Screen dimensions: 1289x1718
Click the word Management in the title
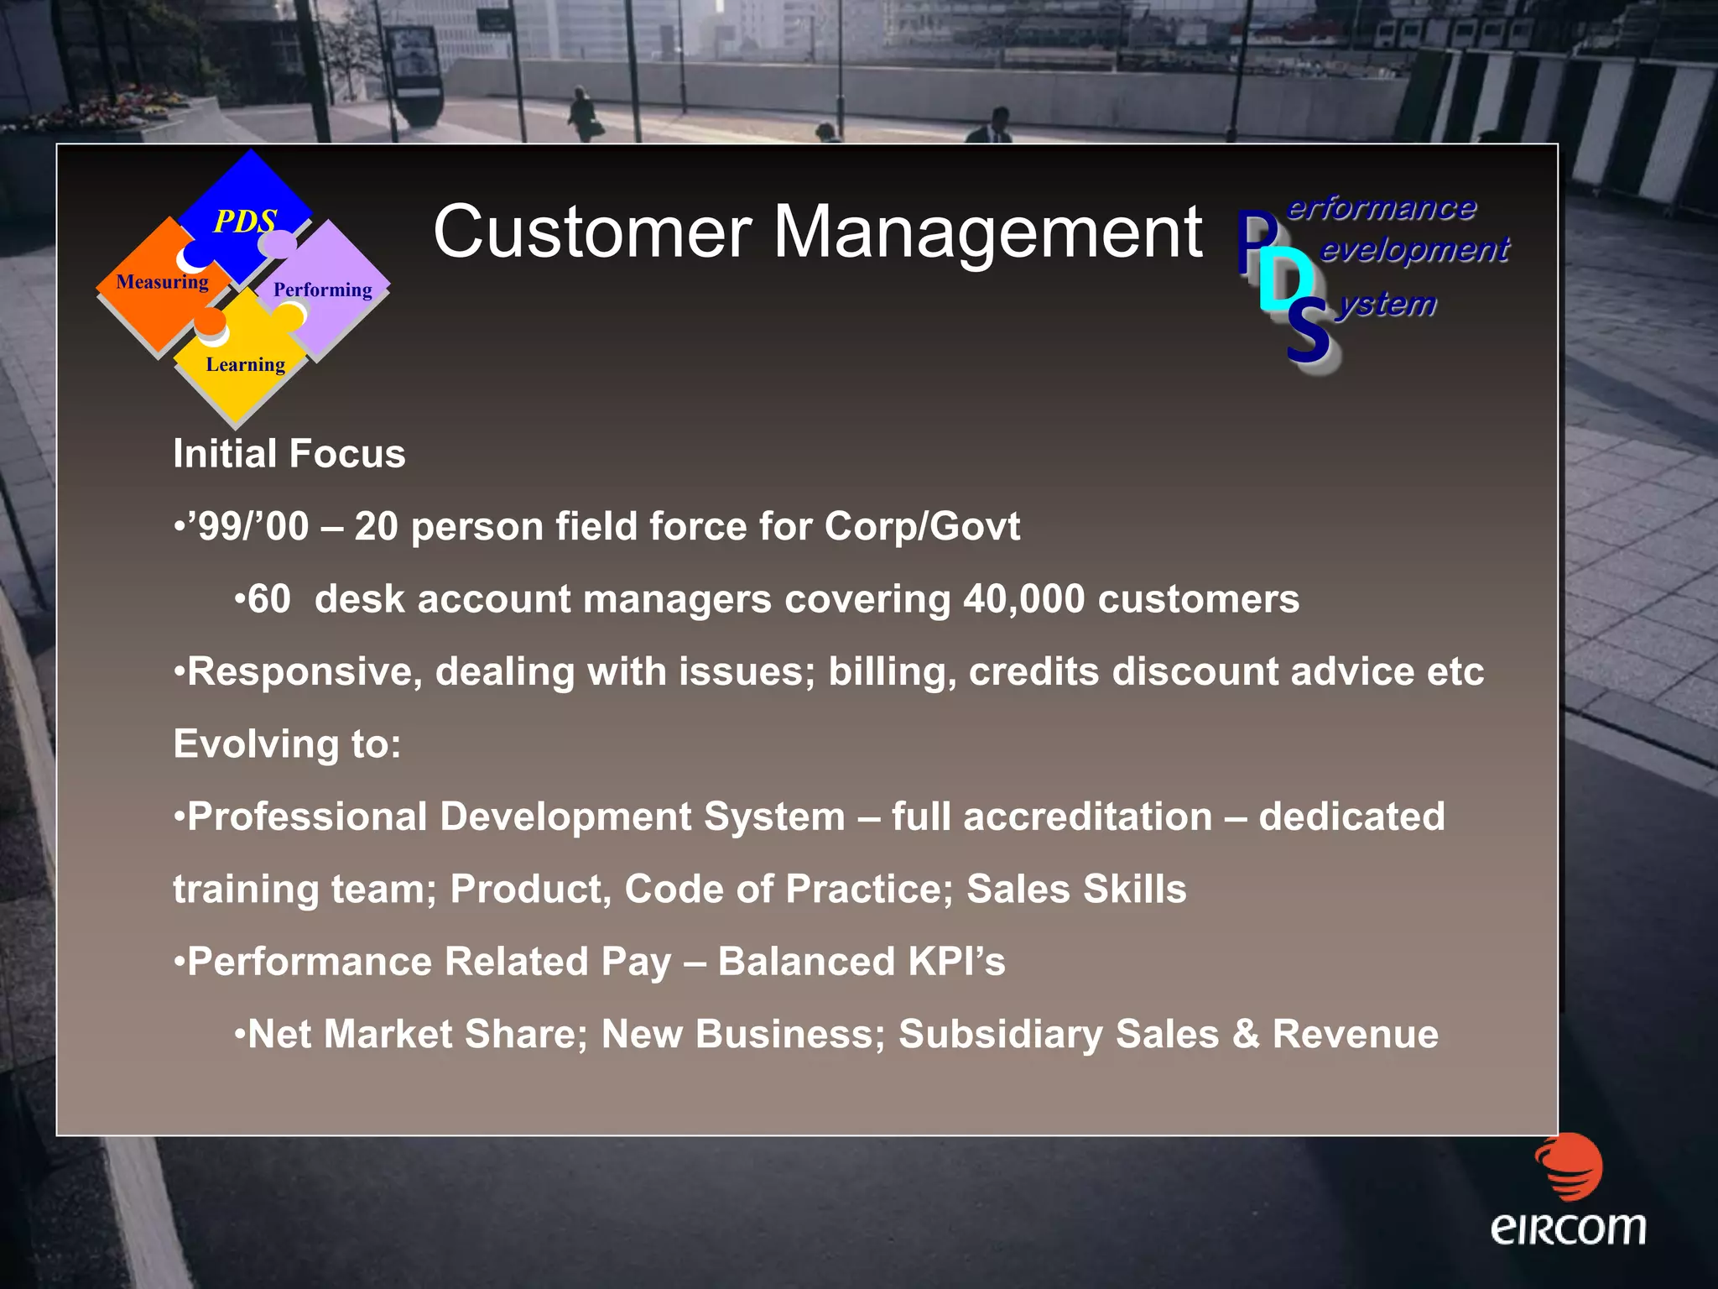(x=987, y=233)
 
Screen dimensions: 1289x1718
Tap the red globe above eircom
(x=1569, y=1166)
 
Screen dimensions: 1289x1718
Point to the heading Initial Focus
(x=289, y=454)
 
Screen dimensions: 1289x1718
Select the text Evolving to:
(x=287, y=744)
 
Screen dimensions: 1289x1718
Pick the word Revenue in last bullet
(x=1355, y=1035)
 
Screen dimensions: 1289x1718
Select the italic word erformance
(x=1381, y=207)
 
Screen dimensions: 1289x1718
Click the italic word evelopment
(x=1414, y=249)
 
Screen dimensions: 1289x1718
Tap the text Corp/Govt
(x=922, y=527)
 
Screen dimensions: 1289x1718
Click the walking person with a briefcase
(x=582, y=114)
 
